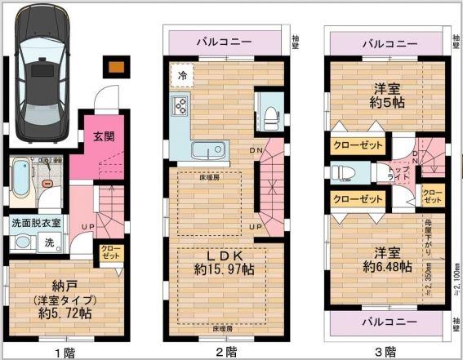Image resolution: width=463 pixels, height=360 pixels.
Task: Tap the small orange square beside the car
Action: tap(117, 67)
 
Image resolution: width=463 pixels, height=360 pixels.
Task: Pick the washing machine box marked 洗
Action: tap(48, 242)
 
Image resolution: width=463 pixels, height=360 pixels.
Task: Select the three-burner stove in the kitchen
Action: tap(180, 105)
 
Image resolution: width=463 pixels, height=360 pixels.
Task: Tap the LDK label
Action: tap(223, 252)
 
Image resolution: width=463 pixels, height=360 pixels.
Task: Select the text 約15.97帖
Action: tap(223, 269)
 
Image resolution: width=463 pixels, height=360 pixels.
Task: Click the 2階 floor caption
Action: tap(224, 352)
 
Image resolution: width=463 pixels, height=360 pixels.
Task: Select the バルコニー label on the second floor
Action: tap(226, 42)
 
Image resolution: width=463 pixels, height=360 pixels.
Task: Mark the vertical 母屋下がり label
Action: tap(427, 238)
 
